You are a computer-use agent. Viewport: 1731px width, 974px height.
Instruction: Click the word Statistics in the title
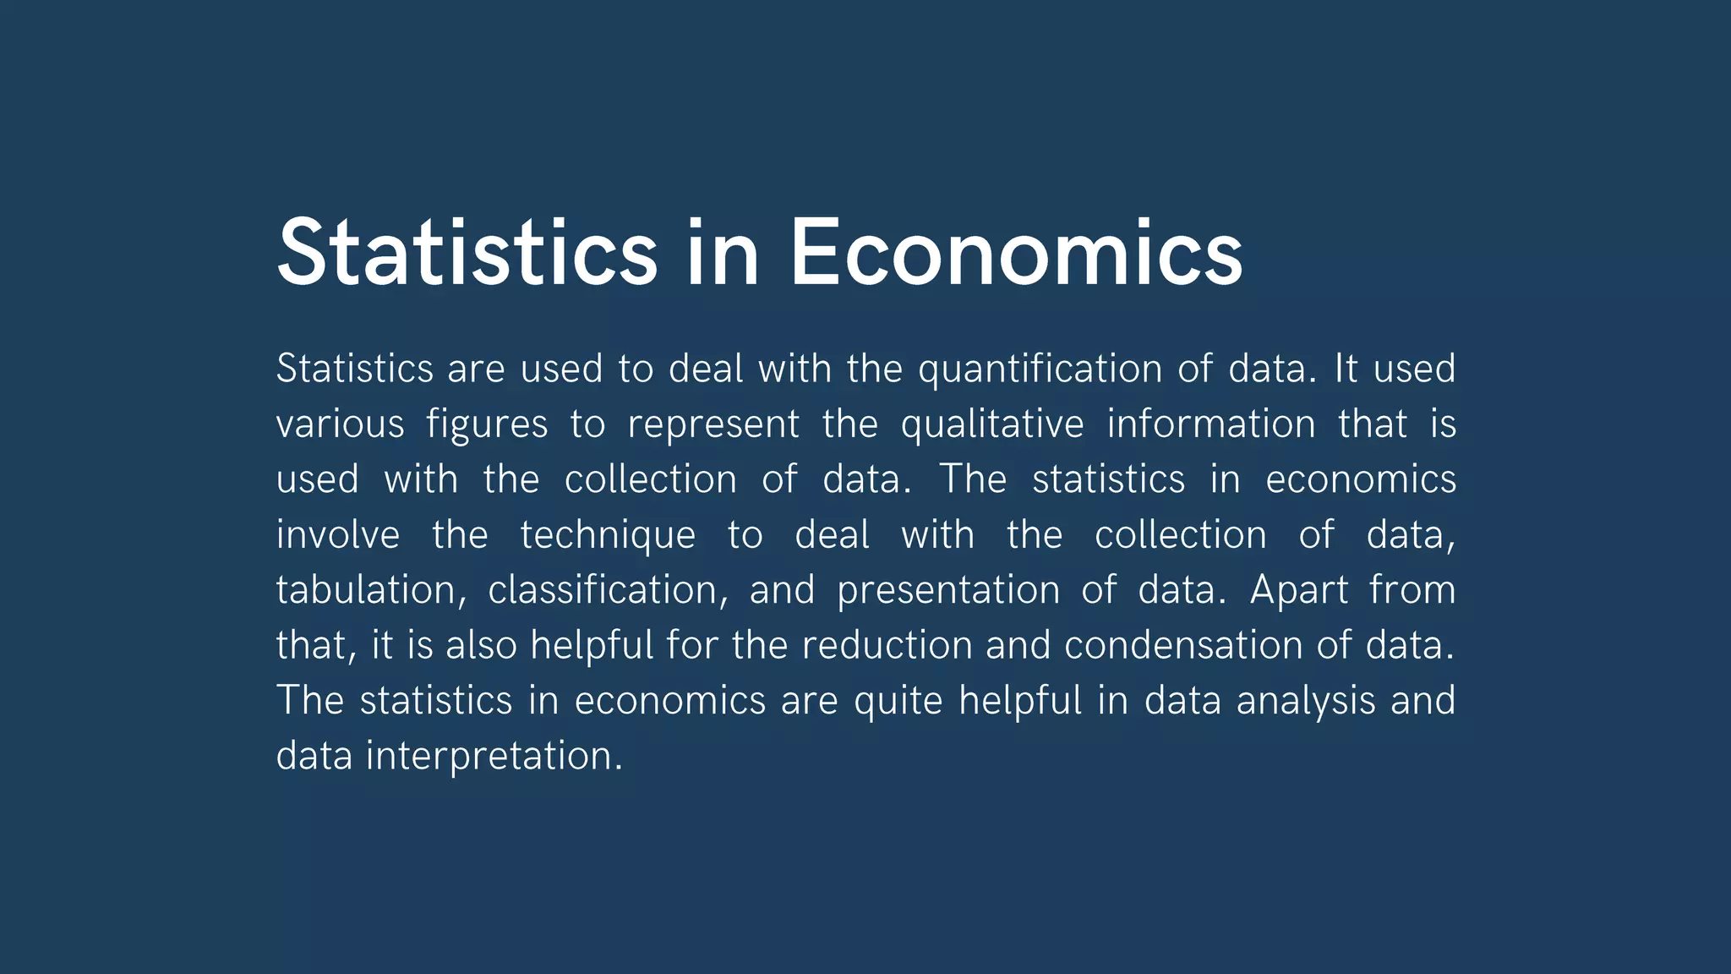click(467, 252)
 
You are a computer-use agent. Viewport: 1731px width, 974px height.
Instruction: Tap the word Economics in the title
click(1015, 252)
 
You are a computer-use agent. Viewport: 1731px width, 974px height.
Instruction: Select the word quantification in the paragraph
click(1040, 369)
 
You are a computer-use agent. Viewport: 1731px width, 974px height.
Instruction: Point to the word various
click(340, 424)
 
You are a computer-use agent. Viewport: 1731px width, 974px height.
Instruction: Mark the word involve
click(338, 534)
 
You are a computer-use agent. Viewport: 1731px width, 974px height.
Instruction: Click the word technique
click(608, 536)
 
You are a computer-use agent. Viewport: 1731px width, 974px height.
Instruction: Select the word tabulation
click(370, 590)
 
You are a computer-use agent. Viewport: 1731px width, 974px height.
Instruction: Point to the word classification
click(608, 590)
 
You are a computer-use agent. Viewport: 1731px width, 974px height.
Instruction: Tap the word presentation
click(947, 590)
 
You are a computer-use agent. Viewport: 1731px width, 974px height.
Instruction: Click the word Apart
click(1299, 590)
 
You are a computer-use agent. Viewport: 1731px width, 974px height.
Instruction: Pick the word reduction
click(887, 645)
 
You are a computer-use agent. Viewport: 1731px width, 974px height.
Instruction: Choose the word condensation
click(1182, 645)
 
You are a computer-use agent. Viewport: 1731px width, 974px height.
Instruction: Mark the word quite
click(898, 702)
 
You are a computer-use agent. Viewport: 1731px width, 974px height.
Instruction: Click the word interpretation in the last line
click(494, 756)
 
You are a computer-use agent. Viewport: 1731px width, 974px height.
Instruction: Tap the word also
click(481, 645)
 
